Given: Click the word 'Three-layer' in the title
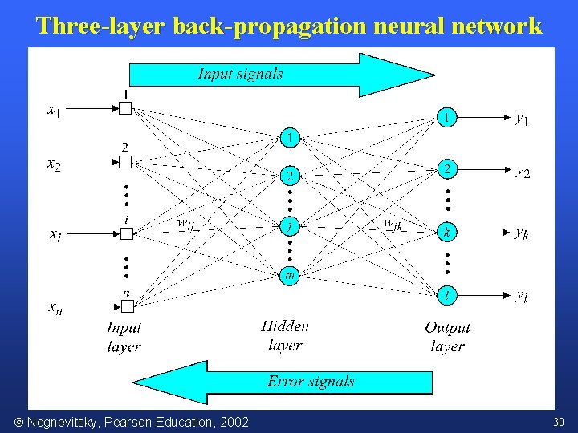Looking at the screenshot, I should click(x=100, y=26).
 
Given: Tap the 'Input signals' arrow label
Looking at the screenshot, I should click(x=240, y=74).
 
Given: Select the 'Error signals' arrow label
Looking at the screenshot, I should click(x=311, y=382).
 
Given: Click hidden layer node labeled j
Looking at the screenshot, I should click(x=291, y=227).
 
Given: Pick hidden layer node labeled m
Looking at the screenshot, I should click(x=291, y=276).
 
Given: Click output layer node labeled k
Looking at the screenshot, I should click(x=447, y=233).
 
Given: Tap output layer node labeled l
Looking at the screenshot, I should click(x=447, y=297).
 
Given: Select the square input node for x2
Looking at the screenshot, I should click(x=125, y=162).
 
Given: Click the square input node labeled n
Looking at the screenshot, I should click(x=125, y=306).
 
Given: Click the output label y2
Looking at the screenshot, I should click(x=523, y=171).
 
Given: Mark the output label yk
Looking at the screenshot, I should click(x=521, y=233).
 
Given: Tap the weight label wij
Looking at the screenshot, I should click(x=186, y=225).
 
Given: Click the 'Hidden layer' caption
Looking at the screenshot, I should click(x=285, y=335).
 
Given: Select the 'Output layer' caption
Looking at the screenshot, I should click(x=447, y=337).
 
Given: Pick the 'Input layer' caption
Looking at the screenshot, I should click(x=124, y=337).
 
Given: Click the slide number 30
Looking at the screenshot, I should click(x=559, y=422).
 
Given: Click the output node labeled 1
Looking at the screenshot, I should click(x=447, y=117).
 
